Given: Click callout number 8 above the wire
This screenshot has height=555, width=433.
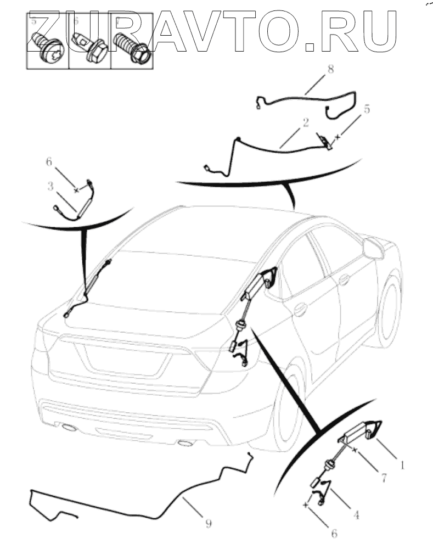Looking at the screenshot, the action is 330,69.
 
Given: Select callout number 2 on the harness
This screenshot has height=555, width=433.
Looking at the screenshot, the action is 305,122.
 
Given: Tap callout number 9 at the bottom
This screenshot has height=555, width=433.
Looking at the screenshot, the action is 209,523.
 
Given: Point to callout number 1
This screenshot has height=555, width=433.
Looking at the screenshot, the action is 401,465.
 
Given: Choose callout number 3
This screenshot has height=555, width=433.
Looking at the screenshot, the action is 50,186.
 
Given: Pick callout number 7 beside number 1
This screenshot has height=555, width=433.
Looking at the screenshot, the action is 384,478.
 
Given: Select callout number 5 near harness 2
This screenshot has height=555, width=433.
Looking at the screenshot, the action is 367,109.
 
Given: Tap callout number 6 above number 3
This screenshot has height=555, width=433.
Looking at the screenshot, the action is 49,161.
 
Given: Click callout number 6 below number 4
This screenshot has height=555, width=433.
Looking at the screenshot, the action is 334,533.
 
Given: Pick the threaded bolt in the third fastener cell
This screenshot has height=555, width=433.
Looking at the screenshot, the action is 131,48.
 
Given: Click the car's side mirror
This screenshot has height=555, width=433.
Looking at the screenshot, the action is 373,248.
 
